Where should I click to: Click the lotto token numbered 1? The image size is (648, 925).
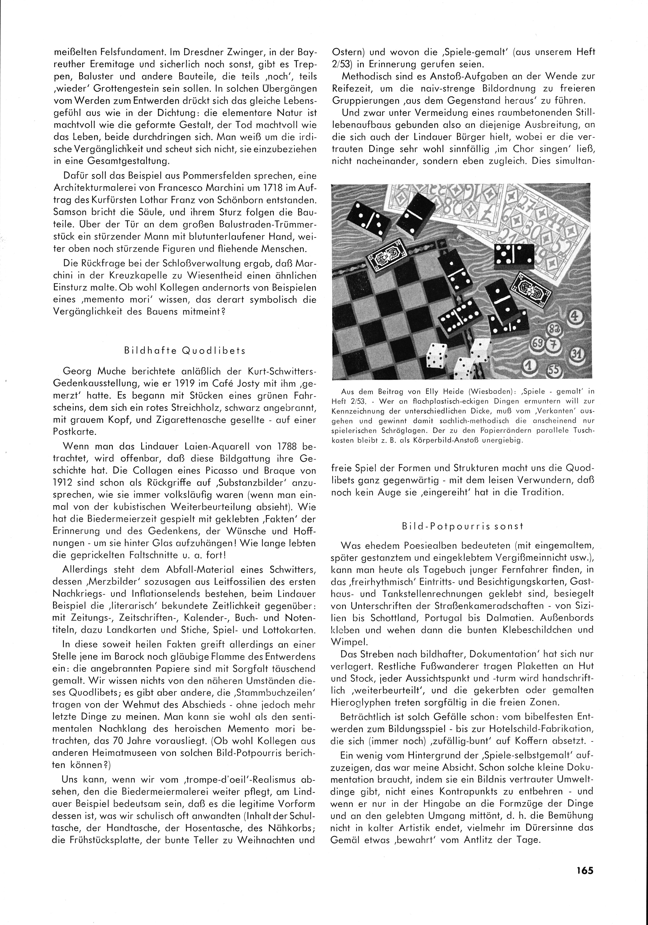[532, 366]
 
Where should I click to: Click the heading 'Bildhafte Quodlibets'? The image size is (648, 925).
[185, 351]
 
